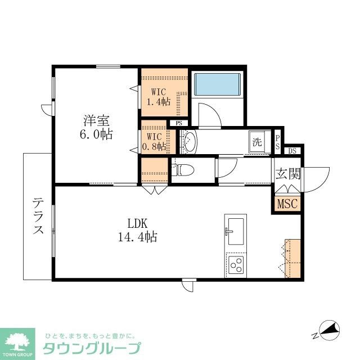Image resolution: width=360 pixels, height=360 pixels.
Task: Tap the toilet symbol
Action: (x=182, y=169)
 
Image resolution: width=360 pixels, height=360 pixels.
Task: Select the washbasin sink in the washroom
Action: (x=188, y=142)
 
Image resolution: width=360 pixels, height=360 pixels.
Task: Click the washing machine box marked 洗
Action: (x=258, y=142)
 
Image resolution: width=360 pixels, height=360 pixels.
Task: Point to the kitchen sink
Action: (x=235, y=229)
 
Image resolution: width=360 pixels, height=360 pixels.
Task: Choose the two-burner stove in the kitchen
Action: (x=236, y=264)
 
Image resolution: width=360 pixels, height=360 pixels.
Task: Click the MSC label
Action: (x=287, y=203)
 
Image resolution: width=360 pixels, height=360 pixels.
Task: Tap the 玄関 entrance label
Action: (x=287, y=174)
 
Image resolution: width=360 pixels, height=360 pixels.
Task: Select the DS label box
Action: (x=292, y=151)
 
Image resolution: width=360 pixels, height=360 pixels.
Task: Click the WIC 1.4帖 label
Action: (x=159, y=96)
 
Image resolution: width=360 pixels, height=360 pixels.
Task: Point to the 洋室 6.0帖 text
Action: (x=96, y=127)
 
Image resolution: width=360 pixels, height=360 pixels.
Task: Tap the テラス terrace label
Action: (x=38, y=216)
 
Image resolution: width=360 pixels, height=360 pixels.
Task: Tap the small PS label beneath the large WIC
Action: (x=179, y=123)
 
